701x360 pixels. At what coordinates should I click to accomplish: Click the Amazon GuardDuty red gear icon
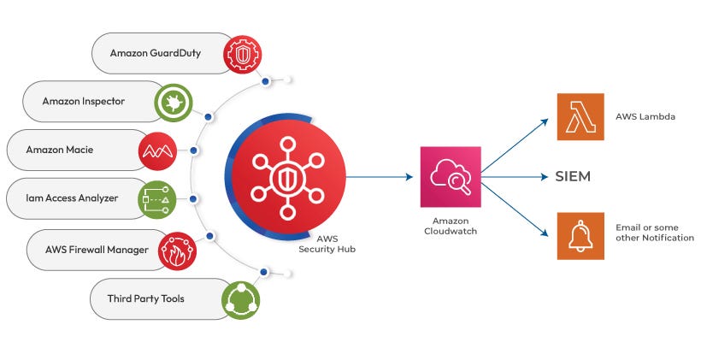(x=241, y=53)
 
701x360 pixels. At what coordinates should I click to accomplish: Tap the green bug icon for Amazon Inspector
(x=172, y=102)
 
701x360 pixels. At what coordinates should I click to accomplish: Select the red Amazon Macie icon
(x=157, y=150)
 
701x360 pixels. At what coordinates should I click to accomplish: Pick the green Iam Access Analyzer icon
(x=157, y=199)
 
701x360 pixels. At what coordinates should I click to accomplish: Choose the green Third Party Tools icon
(x=241, y=298)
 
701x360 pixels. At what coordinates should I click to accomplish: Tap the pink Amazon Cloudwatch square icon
(x=451, y=177)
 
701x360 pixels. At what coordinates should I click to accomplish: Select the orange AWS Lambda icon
(x=580, y=117)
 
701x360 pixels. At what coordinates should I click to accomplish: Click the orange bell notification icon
(x=580, y=235)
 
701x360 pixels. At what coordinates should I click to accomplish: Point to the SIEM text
(x=573, y=177)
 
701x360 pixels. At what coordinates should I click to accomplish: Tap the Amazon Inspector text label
(x=84, y=102)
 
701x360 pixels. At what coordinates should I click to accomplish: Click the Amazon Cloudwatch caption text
(x=451, y=226)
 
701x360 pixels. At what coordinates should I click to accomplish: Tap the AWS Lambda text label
(x=646, y=117)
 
